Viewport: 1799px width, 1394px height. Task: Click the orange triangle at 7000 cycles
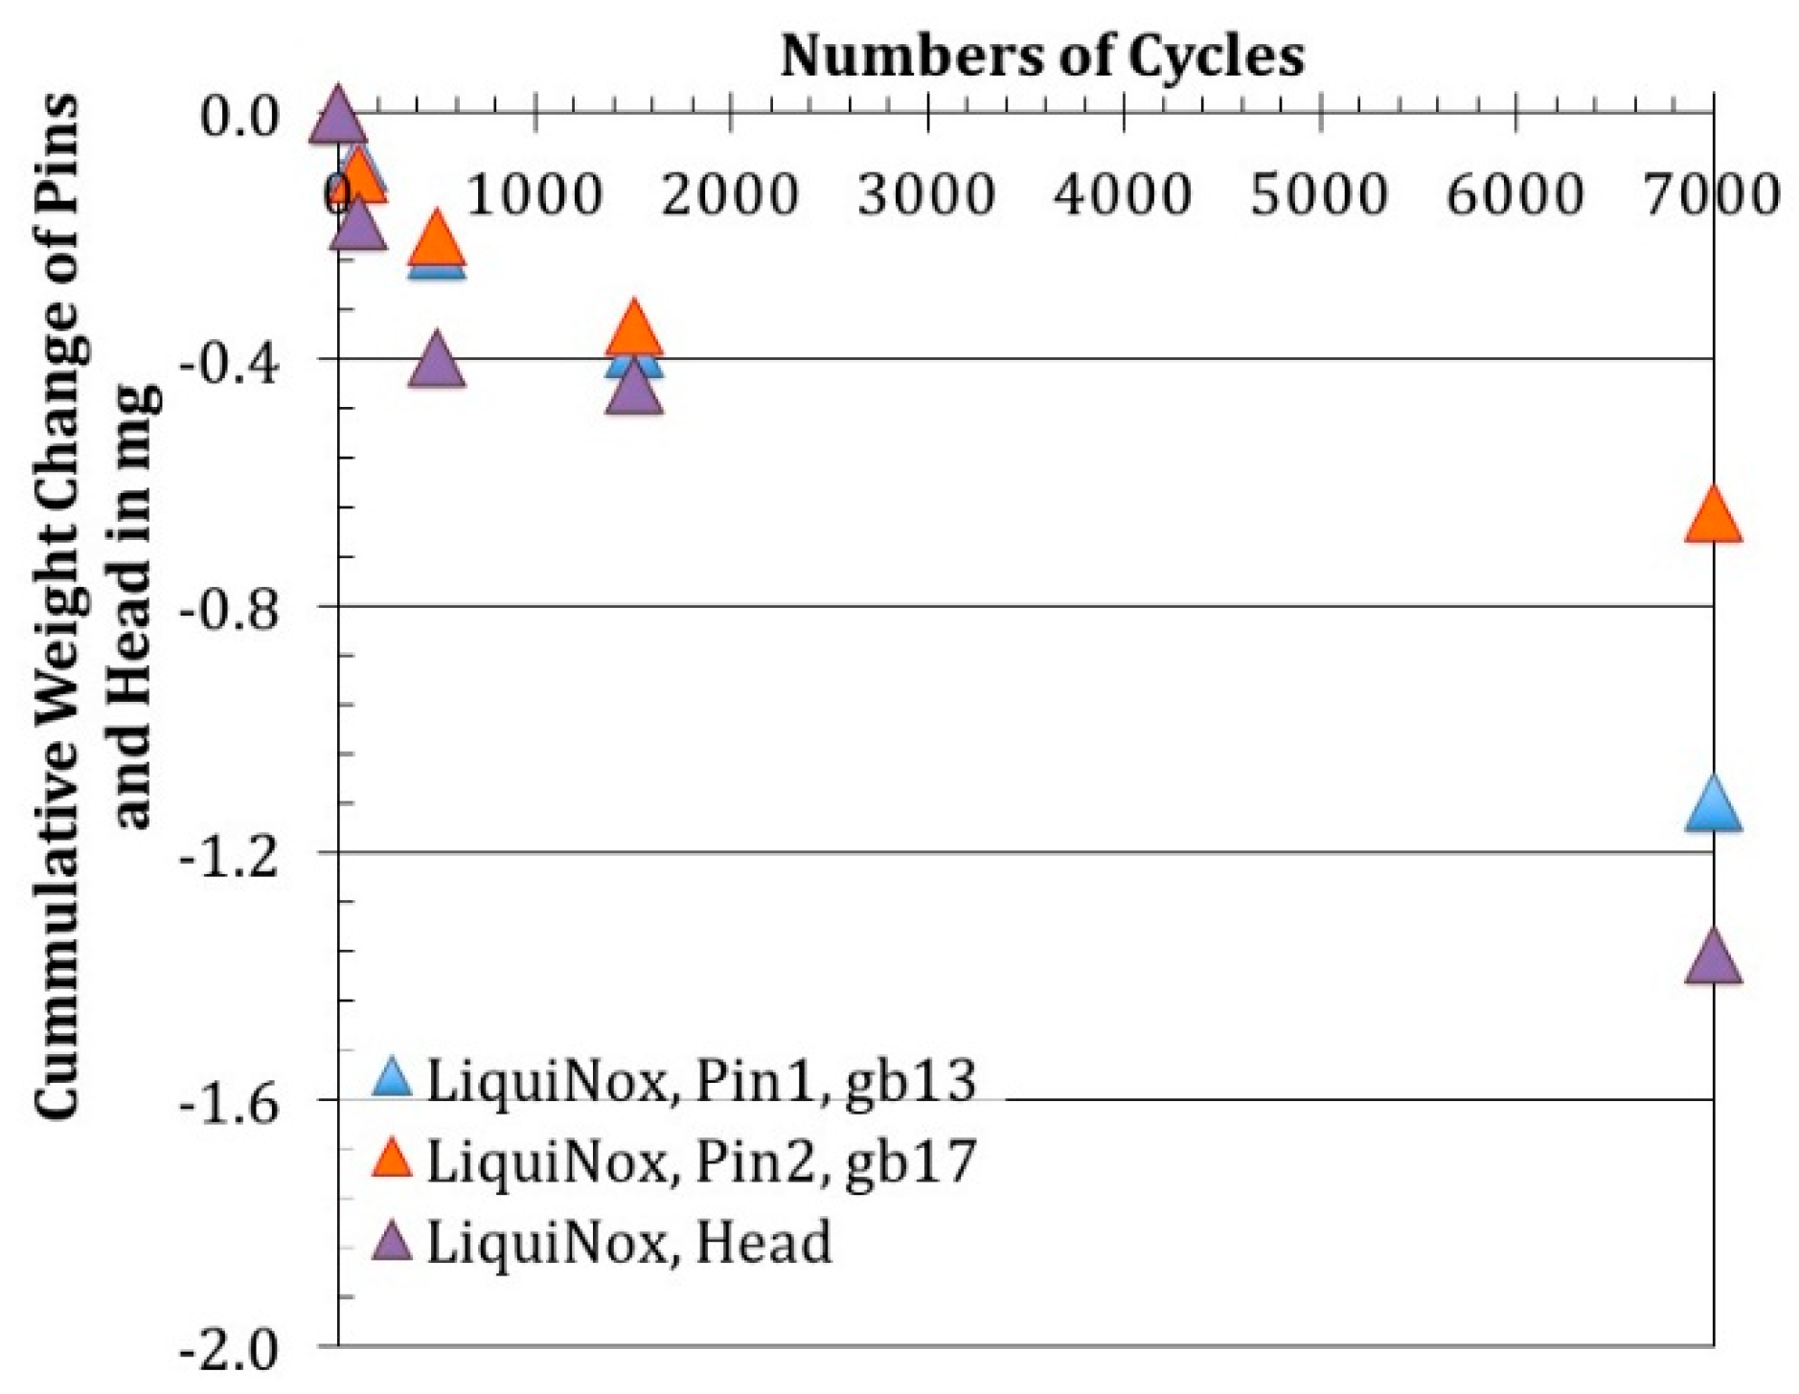pos(1712,517)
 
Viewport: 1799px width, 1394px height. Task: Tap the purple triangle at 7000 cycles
pos(1712,958)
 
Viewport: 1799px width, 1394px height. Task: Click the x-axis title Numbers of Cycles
pos(1042,56)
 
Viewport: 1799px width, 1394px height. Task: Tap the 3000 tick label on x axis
pos(926,194)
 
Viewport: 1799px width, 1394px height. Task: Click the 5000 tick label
pos(1319,194)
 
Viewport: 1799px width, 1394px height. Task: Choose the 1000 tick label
pos(535,194)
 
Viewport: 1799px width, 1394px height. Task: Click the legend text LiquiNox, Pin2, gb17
pos(699,1161)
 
